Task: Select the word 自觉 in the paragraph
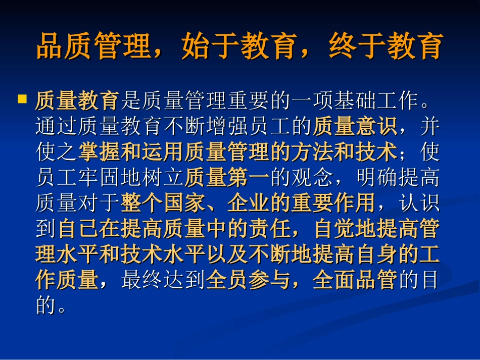(x=333, y=229)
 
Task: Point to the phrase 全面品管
(x=354, y=280)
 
